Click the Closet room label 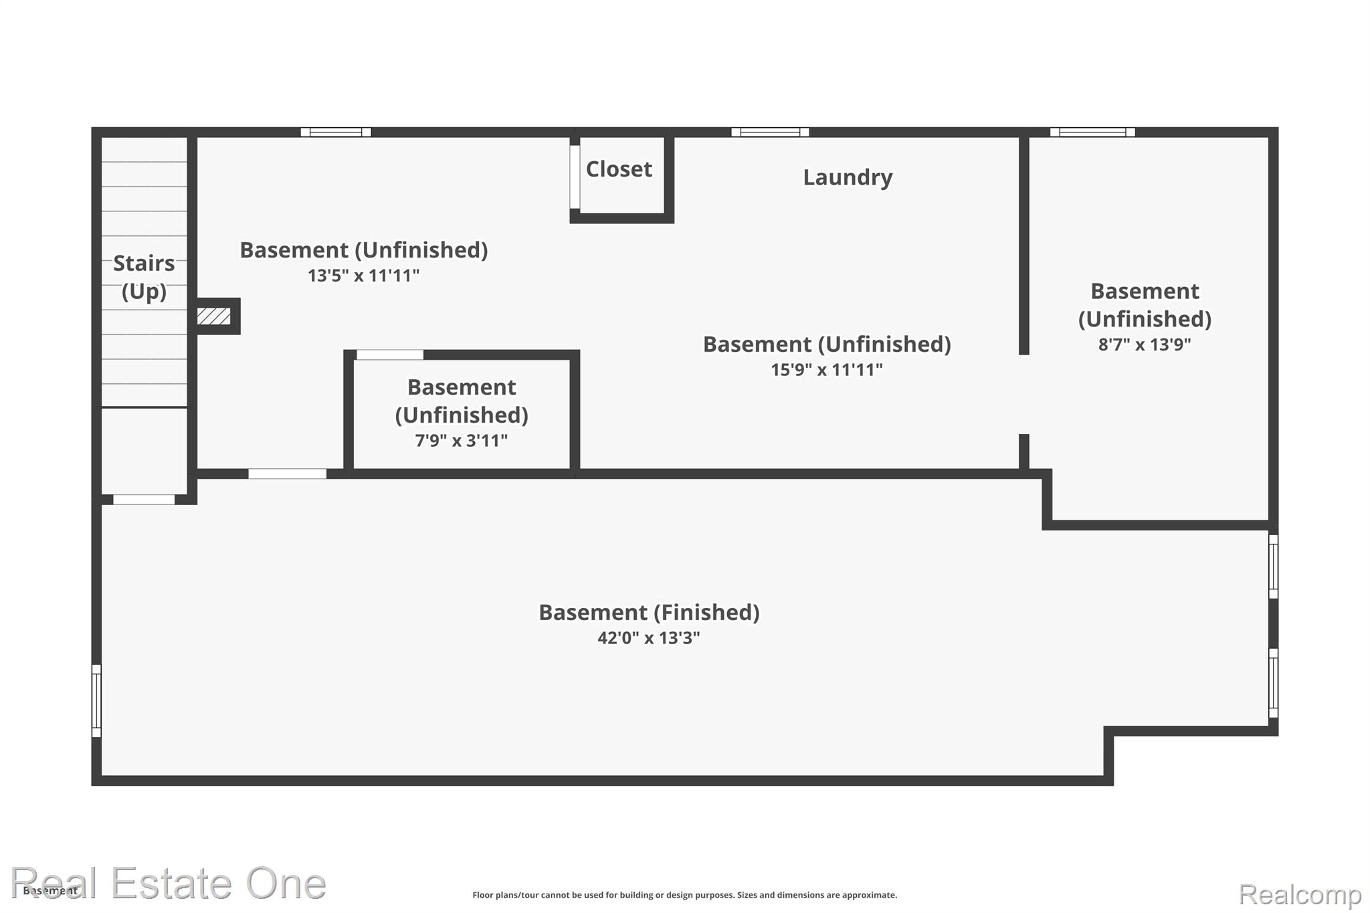[619, 169]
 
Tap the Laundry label [848, 177]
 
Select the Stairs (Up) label [144, 277]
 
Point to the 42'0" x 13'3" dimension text [649, 637]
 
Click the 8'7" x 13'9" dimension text [1145, 344]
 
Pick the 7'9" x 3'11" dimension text [462, 441]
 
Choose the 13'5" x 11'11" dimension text [363, 276]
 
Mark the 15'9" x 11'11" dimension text [827, 370]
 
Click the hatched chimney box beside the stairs [214, 316]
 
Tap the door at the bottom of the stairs [144, 500]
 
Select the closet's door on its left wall [575, 177]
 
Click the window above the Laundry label [770, 132]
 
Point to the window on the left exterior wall [96, 700]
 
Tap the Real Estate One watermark [169, 883]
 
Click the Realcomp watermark [1300, 894]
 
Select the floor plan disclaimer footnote [684, 895]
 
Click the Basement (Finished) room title [649, 612]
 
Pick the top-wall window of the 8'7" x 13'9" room [1092, 132]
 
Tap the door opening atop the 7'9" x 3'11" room [390, 354]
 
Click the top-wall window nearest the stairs [336, 132]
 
